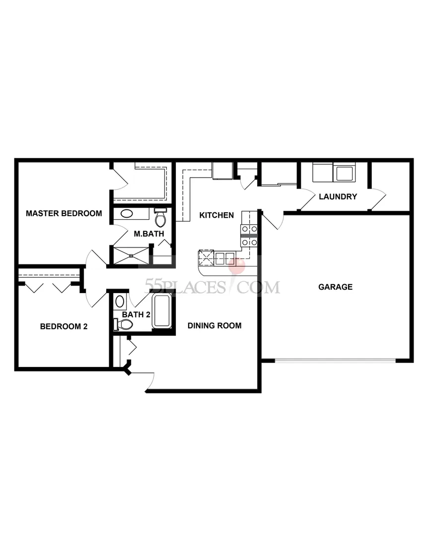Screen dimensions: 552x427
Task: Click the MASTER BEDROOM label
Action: point(64,214)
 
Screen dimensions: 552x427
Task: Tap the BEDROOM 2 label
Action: point(64,326)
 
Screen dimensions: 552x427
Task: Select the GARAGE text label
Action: point(335,287)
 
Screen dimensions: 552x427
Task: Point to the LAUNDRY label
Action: point(338,196)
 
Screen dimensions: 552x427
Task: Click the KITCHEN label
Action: point(216,215)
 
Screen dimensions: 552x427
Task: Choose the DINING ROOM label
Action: point(214,326)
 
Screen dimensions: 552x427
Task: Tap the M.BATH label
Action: point(146,234)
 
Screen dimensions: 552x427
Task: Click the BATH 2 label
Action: point(136,314)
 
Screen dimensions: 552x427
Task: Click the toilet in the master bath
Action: point(160,218)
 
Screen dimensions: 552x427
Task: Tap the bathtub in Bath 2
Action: point(162,311)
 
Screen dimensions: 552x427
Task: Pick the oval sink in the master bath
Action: point(127,214)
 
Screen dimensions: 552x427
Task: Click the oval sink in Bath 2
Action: point(120,302)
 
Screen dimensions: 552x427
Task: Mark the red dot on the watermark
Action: point(239,267)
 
